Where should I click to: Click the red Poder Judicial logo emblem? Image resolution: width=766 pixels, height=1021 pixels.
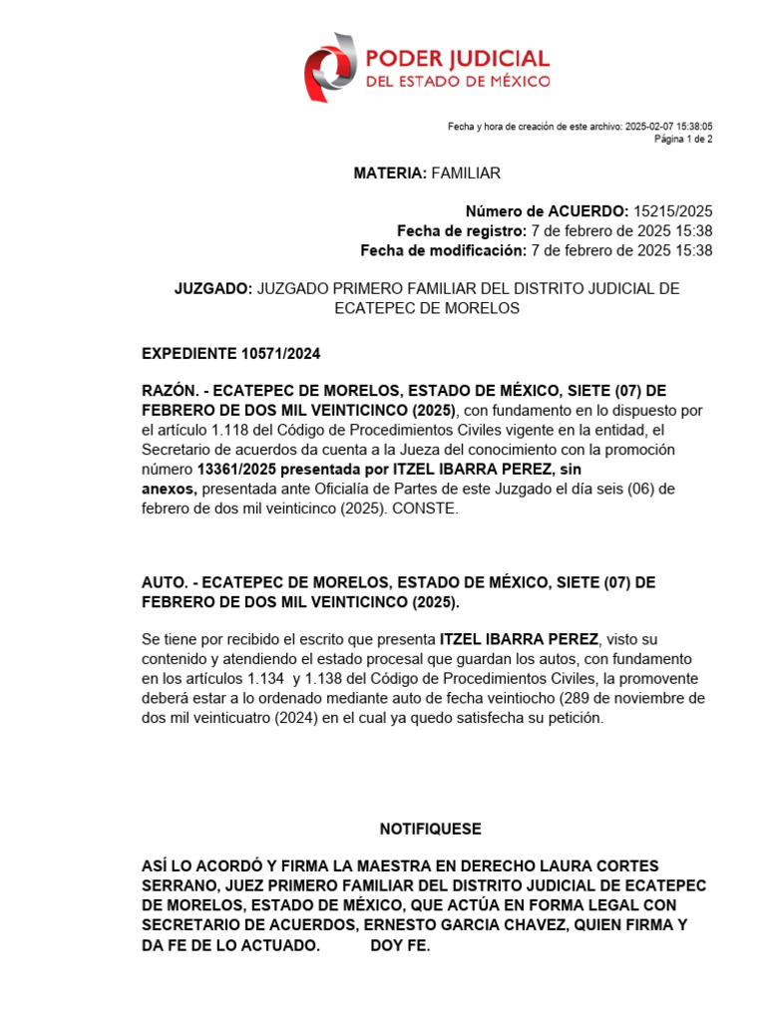click(x=328, y=67)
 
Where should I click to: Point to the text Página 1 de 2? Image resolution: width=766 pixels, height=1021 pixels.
click(x=683, y=140)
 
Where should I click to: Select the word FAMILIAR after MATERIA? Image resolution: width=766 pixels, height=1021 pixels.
click(x=466, y=173)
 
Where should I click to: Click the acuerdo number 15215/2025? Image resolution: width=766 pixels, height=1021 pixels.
click(x=673, y=211)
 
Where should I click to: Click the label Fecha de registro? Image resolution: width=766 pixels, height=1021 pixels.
click(x=461, y=231)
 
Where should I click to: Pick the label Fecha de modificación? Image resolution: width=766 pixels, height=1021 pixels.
click(x=443, y=250)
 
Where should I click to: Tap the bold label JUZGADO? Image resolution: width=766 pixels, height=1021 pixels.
click(x=213, y=289)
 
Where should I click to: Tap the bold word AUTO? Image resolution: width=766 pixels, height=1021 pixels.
click(x=163, y=582)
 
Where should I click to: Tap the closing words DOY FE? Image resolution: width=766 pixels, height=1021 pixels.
click(x=400, y=945)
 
